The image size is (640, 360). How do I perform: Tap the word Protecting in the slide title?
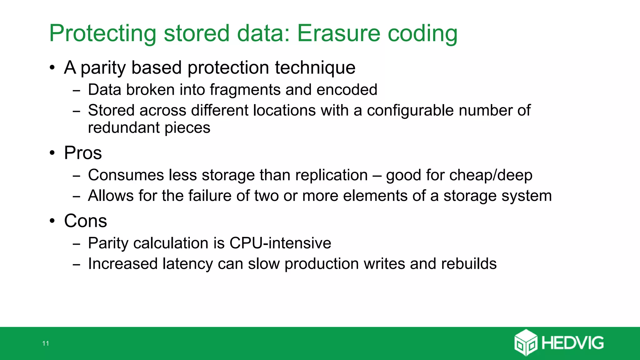pos(102,34)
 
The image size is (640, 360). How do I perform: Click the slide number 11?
pos(46,343)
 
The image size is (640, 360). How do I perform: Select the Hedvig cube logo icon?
pos(526,342)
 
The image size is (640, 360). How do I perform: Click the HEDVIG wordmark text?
pos(572,343)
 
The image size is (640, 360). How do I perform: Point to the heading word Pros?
pos(83,153)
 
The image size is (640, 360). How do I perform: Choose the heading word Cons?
pos(85,221)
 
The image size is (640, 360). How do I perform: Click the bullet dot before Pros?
pos(52,153)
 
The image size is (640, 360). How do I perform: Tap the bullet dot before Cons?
pos(52,221)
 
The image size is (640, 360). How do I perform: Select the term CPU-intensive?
pos(280,243)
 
